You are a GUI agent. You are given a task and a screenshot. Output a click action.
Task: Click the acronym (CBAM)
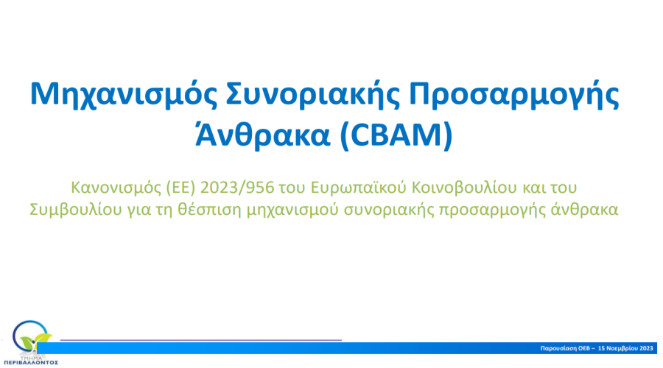pos(396,135)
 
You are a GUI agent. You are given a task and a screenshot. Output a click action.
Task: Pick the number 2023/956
pos(237,188)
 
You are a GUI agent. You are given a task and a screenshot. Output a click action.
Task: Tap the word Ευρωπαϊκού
pos(358,188)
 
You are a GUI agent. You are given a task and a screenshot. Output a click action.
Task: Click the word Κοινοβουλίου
pos(464,188)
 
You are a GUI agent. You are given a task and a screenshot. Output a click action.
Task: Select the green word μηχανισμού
pos(292,210)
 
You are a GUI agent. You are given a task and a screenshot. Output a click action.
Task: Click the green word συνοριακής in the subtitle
pos(388,210)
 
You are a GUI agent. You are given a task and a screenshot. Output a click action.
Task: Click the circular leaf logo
pos(31,337)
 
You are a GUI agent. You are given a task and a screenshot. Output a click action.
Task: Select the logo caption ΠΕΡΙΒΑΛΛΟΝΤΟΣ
pos(31,363)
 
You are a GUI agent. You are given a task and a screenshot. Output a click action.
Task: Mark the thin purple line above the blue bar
pos(201,340)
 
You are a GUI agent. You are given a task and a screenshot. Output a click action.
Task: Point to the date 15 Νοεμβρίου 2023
pos(625,348)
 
